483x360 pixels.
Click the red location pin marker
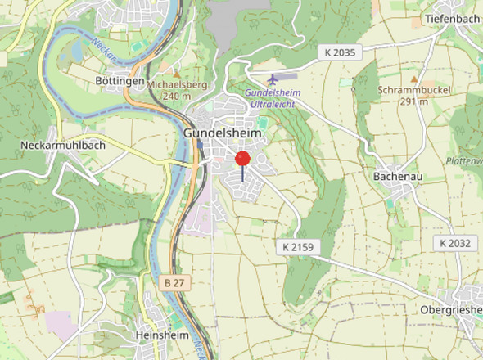click(242, 159)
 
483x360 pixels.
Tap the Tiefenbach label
click(452, 18)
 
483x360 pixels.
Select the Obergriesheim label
click(451, 310)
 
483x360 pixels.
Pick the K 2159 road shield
click(296, 245)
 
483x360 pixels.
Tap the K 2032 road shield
click(454, 243)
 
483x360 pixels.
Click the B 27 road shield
click(172, 282)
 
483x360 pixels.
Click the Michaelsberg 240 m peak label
click(176, 90)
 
